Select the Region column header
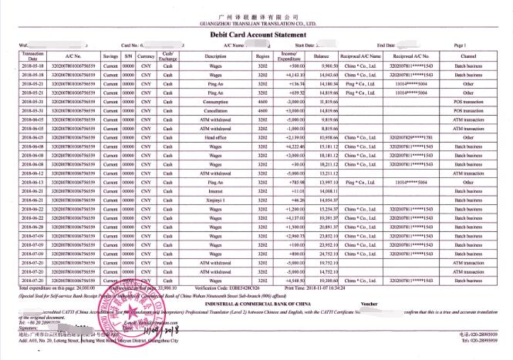263,56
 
